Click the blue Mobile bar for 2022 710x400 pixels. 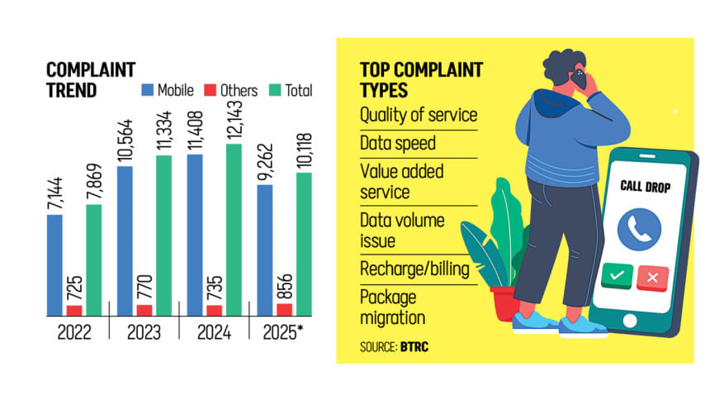tap(54, 264)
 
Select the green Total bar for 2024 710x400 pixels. tap(234, 230)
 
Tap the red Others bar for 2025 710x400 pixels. tap(285, 309)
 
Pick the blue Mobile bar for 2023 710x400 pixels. tap(125, 240)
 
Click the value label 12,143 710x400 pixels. tap(234, 119)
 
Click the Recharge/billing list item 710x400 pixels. tap(414, 269)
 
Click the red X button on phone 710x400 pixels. tap(652, 276)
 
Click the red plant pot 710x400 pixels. tap(504, 302)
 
